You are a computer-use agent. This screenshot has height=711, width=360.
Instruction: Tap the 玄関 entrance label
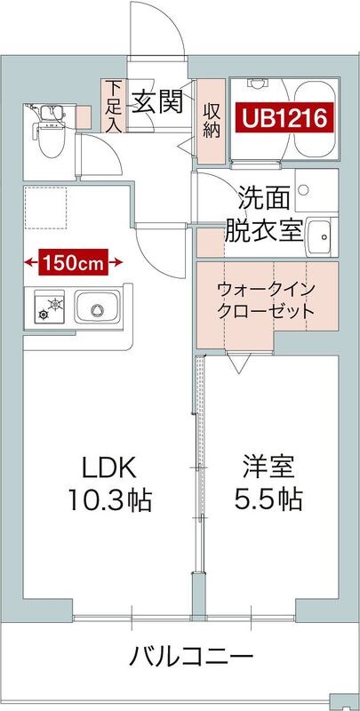point(158,102)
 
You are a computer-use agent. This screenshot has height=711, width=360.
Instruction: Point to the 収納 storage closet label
point(212,118)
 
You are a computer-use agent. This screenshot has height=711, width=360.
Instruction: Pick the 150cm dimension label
point(76,262)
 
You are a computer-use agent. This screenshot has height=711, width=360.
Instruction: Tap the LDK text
point(108,467)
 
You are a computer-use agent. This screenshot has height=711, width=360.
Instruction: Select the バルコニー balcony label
point(190,659)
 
